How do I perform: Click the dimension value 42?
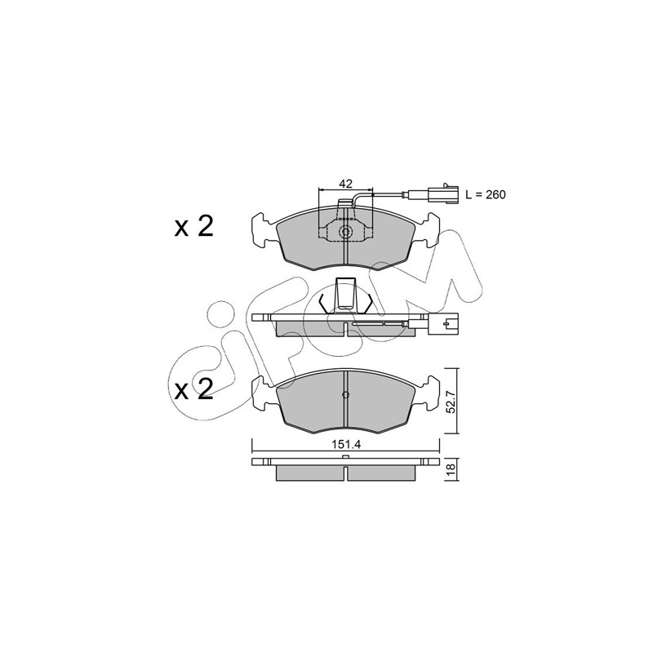tap(345, 183)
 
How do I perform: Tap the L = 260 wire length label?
tap(485, 194)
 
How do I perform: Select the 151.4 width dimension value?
tap(345, 444)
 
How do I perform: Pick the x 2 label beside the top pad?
tap(193, 228)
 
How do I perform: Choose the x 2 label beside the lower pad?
tap(193, 390)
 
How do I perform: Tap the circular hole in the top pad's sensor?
tap(345, 232)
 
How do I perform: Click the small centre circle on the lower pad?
tap(345, 394)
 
